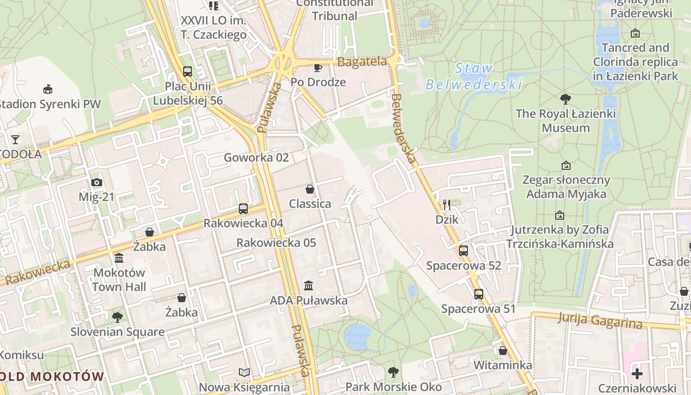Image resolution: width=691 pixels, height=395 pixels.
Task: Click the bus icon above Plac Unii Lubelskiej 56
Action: (187, 72)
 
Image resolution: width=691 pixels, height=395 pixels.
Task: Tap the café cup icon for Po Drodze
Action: (318, 68)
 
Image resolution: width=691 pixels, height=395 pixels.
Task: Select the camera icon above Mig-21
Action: (97, 183)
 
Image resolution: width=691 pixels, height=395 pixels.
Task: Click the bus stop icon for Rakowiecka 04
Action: (243, 209)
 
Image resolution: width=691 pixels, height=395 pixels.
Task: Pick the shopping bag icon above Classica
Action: (310, 189)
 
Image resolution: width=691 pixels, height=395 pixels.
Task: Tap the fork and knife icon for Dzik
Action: (447, 204)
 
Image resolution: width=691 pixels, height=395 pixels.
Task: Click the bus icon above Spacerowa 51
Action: (478, 294)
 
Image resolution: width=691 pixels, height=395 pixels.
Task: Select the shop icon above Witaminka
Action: (502, 351)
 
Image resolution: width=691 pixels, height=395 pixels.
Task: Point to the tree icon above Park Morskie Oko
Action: (393, 372)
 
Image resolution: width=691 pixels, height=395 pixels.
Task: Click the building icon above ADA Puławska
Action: (308, 285)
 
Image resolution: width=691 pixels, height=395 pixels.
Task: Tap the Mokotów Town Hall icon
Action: (119, 258)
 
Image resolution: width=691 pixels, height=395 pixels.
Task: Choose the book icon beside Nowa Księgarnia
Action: (244, 372)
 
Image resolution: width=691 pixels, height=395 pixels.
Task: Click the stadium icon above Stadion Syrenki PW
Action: (48, 89)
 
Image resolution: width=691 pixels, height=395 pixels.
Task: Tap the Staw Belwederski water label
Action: (473, 77)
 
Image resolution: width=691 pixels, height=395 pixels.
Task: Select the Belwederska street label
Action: (403, 129)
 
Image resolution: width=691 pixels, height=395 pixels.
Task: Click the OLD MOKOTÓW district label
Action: (52, 376)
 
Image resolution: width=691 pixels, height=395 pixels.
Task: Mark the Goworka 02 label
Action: (256, 158)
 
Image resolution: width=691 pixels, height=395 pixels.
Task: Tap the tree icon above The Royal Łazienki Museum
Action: (566, 99)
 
